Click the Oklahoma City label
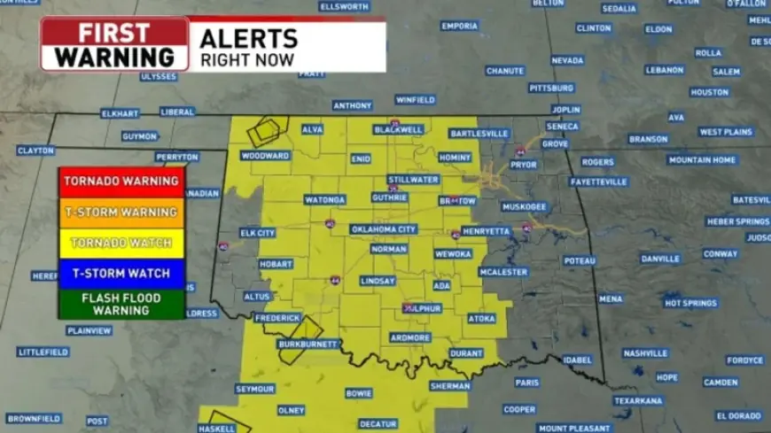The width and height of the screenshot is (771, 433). coord(383,229)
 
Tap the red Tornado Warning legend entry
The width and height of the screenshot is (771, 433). coord(121,181)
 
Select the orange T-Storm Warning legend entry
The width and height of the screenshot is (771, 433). coord(121,213)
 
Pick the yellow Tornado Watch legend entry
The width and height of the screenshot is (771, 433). coord(121,243)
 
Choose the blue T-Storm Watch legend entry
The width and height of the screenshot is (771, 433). coord(121,274)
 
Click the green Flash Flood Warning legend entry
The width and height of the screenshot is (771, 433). coord(121,304)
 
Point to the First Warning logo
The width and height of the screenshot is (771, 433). coord(114,44)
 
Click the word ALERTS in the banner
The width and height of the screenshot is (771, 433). coord(248,38)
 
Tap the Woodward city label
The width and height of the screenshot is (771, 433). coord(265,156)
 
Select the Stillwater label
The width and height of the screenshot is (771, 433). coord(414,180)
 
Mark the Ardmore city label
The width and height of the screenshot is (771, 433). coord(410,337)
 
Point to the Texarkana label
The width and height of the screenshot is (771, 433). coord(637,400)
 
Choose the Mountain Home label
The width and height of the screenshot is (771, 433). coord(702,160)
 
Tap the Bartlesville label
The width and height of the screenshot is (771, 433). coord(479,134)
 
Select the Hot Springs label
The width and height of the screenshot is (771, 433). coord(691,303)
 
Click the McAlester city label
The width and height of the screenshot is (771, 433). coord(504,272)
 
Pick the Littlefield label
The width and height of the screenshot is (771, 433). coord(43,352)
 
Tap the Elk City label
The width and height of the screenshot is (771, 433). coord(258,233)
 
